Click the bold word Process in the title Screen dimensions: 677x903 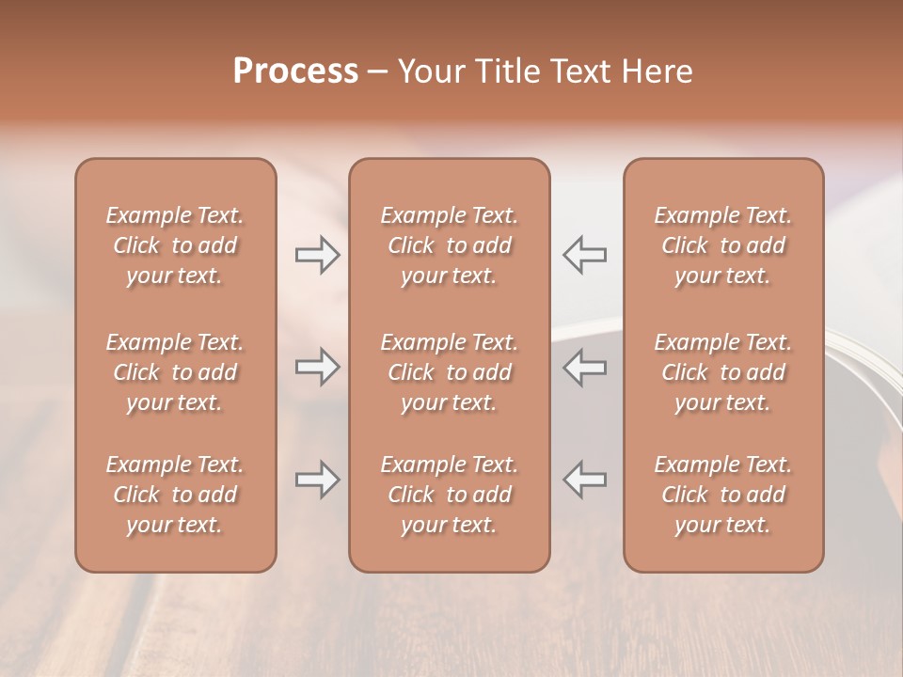coord(295,71)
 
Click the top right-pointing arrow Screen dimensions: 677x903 coord(318,255)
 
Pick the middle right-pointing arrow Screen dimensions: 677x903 coord(318,367)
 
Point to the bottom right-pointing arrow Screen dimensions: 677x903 coord(318,480)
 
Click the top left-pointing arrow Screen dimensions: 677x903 coord(585,255)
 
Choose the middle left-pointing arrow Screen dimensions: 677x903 coord(585,367)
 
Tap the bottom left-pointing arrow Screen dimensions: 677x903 coord(585,480)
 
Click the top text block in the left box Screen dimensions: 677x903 coord(175,245)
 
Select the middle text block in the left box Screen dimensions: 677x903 coord(175,372)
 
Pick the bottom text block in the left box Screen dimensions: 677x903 coord(175,495)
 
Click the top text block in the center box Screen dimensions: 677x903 coord(450,245)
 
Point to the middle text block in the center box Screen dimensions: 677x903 coord(450,372)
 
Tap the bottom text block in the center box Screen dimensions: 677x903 coord(450,495)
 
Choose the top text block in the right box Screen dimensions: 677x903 coord(723,245)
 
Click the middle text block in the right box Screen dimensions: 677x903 coord(723,372)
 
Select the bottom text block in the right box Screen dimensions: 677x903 coord(723,495)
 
